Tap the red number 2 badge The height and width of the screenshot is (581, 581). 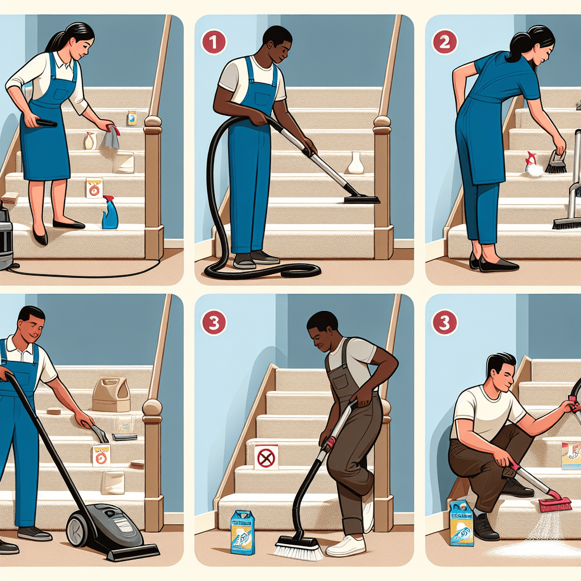[444, 42]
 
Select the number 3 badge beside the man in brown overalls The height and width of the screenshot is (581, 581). [214, 322]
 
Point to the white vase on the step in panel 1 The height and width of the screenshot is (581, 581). [356, 162]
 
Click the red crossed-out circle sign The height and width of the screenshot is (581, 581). [265, 457]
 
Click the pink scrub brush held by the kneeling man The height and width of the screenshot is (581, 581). [556, 502]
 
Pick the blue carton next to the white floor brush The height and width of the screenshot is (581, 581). [243, 532]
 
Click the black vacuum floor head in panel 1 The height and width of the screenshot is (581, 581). [361, 199]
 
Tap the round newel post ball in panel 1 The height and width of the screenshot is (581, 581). [382, 121]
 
